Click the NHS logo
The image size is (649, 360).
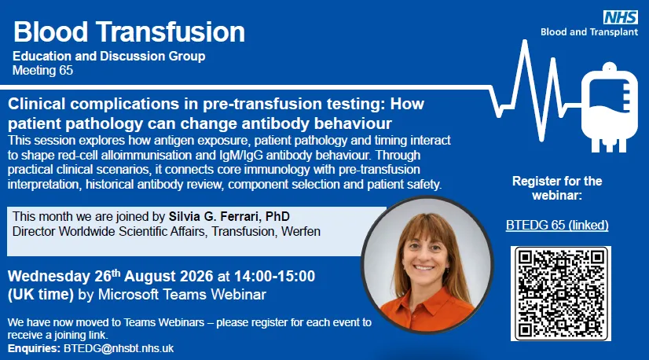tap(621, 17)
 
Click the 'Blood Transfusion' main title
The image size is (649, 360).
tap(129, 32)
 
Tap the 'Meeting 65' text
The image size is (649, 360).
tap(42, 71)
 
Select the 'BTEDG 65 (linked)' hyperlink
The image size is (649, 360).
tap(557, 225)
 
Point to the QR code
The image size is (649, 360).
tap(561, 294)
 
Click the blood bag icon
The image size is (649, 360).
tap(609, 108)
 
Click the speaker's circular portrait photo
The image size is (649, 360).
tap(427, 265)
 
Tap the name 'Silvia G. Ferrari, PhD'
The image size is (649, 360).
tap(229, 216)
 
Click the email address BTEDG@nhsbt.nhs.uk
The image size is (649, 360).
tap(119, 348)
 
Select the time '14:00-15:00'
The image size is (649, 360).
tap(274, 276)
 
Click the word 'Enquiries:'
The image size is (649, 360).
tap(34, 348)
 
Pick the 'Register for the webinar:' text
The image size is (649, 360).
tap(557, 188)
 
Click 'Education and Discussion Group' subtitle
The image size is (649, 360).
tap(109, 56)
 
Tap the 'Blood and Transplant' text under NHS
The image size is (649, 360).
tap(589, 32)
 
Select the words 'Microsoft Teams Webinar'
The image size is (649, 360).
tap(182, 295)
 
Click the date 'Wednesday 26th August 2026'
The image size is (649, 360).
tap(111, 276)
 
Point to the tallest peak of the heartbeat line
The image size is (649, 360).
tap(525, 41)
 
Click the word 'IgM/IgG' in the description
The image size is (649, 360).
tap(241, 155)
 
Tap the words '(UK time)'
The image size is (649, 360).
tap(41, 295)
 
